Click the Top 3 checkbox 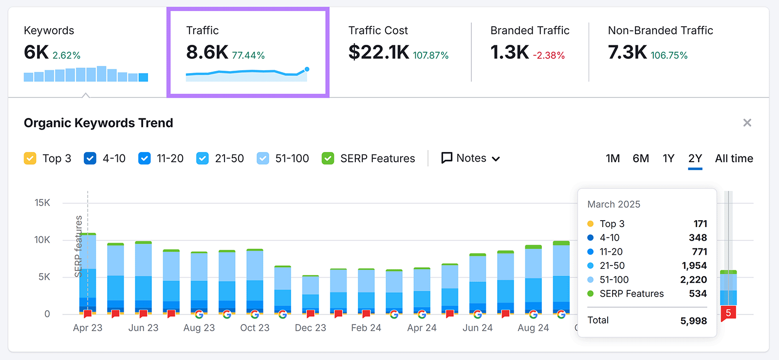[30, 158]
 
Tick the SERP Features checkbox [328, 158]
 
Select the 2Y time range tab [695, 158]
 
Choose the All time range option [734, 158]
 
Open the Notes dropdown [470, 158]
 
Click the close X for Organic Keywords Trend [747, 123]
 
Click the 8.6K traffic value [207, 52]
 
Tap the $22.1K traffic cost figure [379, 52]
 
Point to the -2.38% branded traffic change [549, 56]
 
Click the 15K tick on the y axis [42, 203]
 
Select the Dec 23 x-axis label [310, 328]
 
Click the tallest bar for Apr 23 [88, 273]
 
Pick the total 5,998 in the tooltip [693, 321]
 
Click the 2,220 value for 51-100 [693, 280]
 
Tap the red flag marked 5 [728, 313]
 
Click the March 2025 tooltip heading [613, 204]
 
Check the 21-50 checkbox [203, 158]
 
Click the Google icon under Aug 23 [199, 314]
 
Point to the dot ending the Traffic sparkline [307, 69]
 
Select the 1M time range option [612, 158]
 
